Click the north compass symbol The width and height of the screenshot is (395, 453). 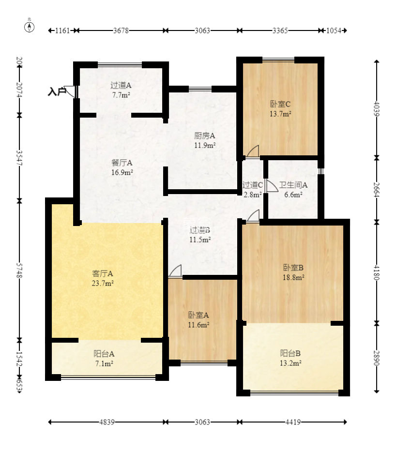click(x=29, y=27)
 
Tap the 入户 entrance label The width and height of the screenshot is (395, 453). click(x=57, y=92)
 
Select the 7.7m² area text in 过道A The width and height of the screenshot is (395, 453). click(x=121, y=95)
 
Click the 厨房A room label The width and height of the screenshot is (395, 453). click(x=205, y=136)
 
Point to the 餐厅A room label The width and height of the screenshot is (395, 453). click(x=122, y=163)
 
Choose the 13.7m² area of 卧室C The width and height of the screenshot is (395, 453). click(x=280, y=114)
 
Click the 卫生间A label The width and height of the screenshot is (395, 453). click(x=293, y=185)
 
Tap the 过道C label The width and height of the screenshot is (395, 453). click(x=252, y=185)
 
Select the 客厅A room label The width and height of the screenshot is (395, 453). click(x=103, y=273)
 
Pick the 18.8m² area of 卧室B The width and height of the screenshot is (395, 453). click(x=293, y=277)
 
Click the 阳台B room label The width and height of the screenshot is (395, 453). click(x=290, y=353)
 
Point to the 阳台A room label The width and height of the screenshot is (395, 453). click(x=104, y=354)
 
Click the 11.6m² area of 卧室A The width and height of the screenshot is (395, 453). click(x=198, y=325)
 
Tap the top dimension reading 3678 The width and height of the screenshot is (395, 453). click(x=121, y=30)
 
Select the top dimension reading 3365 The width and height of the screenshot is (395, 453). click(x=280, y=30)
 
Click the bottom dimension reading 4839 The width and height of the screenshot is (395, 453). click(x=107, y=422)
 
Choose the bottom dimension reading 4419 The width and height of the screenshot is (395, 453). click(x=293, y=422)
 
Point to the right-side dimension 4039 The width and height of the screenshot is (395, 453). click(x=376, y=109)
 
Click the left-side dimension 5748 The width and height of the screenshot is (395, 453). click(x=19, y=270)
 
